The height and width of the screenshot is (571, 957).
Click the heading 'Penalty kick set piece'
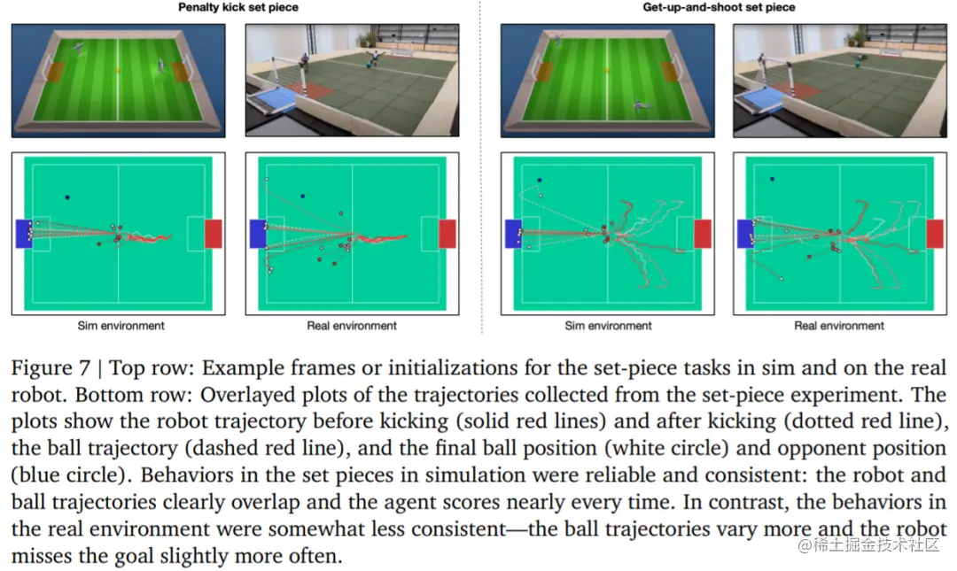(x=237, y=8)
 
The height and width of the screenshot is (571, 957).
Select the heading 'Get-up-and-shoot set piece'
(x=719, y=8)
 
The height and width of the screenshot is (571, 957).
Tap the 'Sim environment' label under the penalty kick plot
(x=121, y=326)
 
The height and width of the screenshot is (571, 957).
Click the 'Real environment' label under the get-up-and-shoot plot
(x=839, y=326)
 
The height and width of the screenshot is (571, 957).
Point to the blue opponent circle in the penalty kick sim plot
(x=66, y=197)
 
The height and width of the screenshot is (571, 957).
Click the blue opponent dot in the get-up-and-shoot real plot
(x=772, y=180)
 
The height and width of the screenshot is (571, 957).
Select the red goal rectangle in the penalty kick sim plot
(x=213, y=234)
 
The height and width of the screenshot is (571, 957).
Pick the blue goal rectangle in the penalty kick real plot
(x=258, y=234)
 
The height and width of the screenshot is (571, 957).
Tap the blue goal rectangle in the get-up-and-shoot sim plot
(x=513, y=234)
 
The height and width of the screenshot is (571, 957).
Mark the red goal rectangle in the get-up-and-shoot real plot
(x=934, y=234)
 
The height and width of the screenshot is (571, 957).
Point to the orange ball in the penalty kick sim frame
(x=118, y=70)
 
